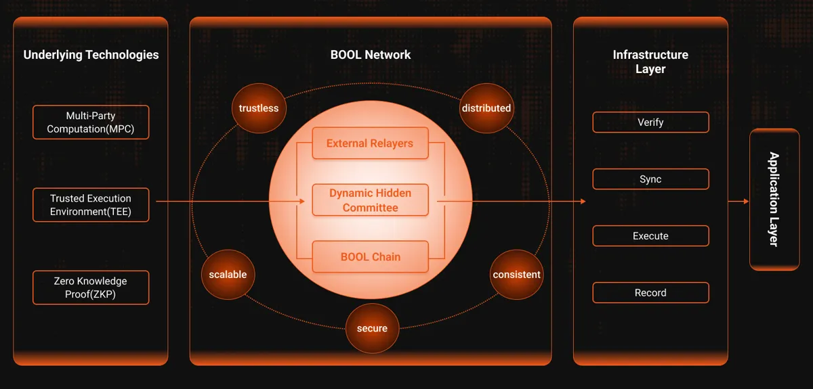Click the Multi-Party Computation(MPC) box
91,122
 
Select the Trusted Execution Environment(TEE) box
91,205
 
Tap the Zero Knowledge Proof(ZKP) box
91,288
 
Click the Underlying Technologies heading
91,55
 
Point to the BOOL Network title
371,55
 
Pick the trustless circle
259,108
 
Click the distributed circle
486,108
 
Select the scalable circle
228,275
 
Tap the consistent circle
516,275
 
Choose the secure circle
372,329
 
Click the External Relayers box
370,143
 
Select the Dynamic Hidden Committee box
370,200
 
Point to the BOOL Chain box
370,256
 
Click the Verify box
651,122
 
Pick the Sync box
651,179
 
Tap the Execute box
651,236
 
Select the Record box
651,292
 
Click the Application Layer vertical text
774,200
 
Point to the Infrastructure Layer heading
650,62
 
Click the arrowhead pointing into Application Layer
746,201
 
